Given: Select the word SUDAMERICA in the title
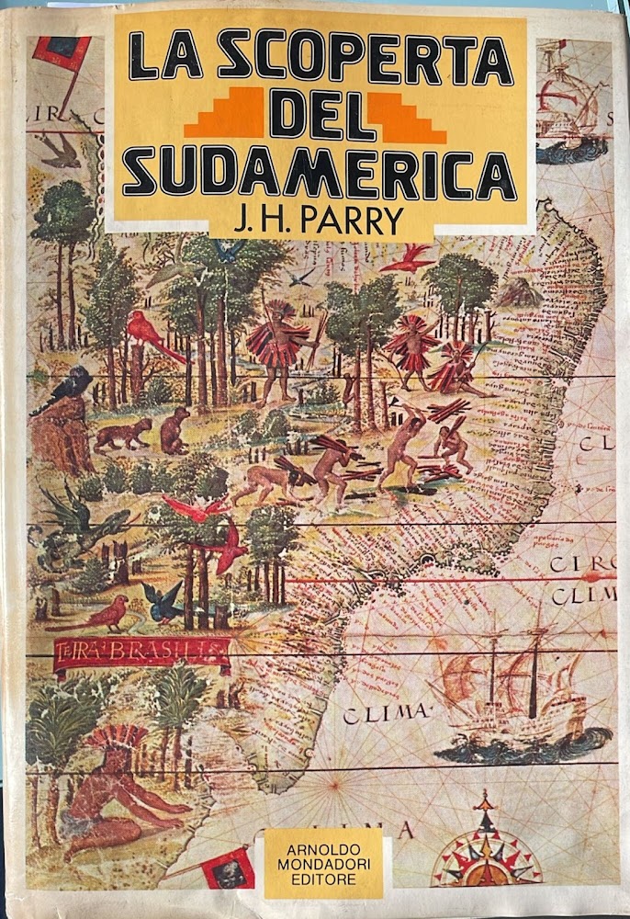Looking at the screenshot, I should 318,172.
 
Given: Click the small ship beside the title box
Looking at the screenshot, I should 575,101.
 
